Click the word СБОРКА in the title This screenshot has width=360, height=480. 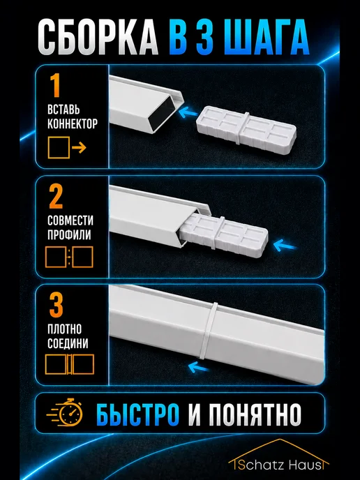pyautogui.click(x=98, y=37)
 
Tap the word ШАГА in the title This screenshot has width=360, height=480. pyautogui.click(x=267, y=37)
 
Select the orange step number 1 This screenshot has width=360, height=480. pyautogui.click(x=55, y=85)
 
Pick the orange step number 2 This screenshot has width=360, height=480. pyautogui.click(x=56, y=196)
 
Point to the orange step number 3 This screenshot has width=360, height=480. pyautogui.click(x=56, y=305)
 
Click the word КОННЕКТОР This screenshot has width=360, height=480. pyautogui.click(x=73, y=123)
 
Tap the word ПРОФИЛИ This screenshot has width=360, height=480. pyautogui.click(x=69, y=234)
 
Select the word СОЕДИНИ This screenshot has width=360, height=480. pyautogui.click(x=68, y=343)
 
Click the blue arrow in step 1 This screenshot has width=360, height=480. pyautogui.click(x=188, y=112)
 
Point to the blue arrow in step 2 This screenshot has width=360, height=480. pyautogui.click(x=285, y=246)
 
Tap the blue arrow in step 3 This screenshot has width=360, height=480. pyautogui.click(x=197, y=367)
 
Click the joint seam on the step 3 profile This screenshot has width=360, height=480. pyautogui.click(x=209, y=331)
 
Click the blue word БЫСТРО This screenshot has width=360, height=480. pyautogui.click(x=137, y=414)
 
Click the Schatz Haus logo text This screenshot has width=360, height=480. pyautogui.click(x=279, y=465)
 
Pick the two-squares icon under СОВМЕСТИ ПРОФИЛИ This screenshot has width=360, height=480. pyautogui.click(x=69, y=257)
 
